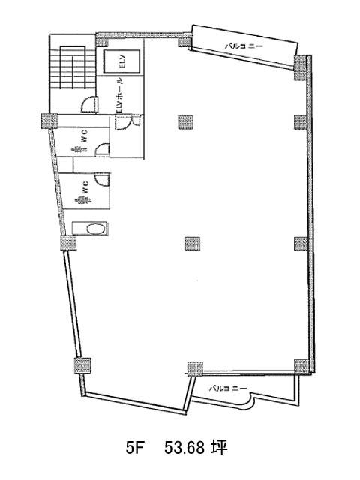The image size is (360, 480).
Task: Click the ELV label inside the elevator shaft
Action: click(x=121, y=61)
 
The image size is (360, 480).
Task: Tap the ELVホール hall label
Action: click(x=121, y=95)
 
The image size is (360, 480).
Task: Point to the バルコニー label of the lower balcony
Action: click(x=228, y=388)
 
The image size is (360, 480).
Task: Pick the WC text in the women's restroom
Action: click(x=86, y=187)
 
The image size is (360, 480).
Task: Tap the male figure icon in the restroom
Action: click(x=79, y=149)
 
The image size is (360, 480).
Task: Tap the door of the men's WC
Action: click(x=102, y=148)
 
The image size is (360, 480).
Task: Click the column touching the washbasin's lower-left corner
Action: click(x=68, y=243)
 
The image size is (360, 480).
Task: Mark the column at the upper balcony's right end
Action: click(x=301, y=67)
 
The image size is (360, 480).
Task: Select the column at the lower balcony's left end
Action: click(x=195, y=369)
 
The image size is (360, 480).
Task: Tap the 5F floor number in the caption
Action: click(x=135, y=448)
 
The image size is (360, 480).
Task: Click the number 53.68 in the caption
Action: click(x=184, y=448)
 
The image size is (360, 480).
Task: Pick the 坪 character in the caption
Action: click(x=218, y=448)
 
